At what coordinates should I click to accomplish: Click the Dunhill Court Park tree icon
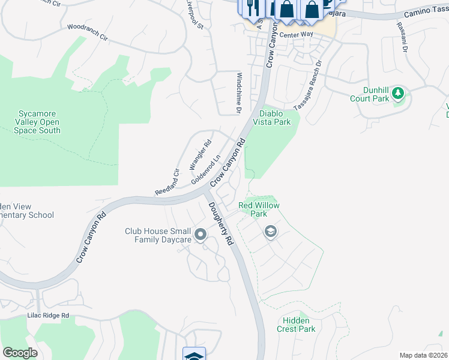pos(398,93)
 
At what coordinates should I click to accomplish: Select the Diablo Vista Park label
pos(275,118)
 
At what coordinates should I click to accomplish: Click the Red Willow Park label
pos(259,209)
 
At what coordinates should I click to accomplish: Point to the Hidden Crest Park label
pos(296,325)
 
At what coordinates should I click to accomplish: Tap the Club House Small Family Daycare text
pos(158,235)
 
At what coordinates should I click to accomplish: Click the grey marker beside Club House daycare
pos(200,235)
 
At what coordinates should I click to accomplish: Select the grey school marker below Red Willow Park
pos(271,232)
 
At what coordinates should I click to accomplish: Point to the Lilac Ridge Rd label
pos(48,315)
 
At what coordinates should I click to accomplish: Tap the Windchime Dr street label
pos(238,93)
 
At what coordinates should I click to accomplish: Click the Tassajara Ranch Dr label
pos(309,85)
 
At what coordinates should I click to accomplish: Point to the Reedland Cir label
pos(167,182)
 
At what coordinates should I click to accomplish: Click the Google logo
pos(20,352)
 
